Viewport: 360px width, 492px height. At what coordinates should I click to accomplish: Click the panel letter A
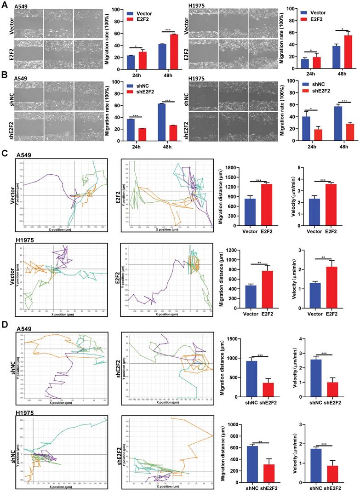tap(4, 4)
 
